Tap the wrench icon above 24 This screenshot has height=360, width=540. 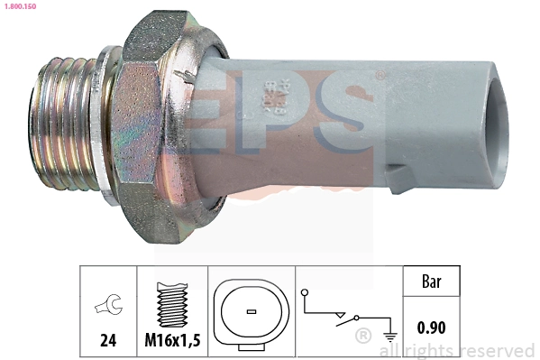(106, 306)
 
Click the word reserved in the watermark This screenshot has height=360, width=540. (497, 350)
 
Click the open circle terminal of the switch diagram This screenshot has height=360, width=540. (306, 293)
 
